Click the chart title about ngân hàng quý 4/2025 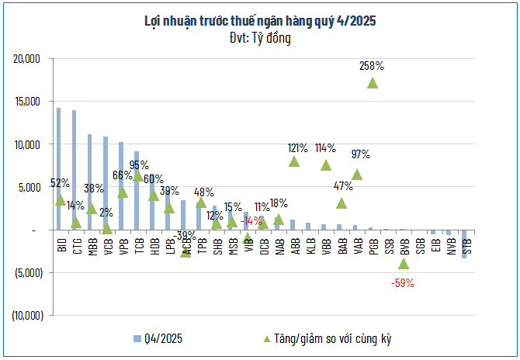[260, 22]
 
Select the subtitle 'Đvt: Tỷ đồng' [260, 38]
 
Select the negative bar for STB [464, 243]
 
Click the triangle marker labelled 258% [373, 83]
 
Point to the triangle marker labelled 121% [294, 161]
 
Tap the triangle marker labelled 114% [326, 164]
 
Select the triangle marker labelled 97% [357, 175]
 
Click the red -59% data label [402, 283]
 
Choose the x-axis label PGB [373, 247]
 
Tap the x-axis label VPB [122, 247]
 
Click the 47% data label [343, 186]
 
